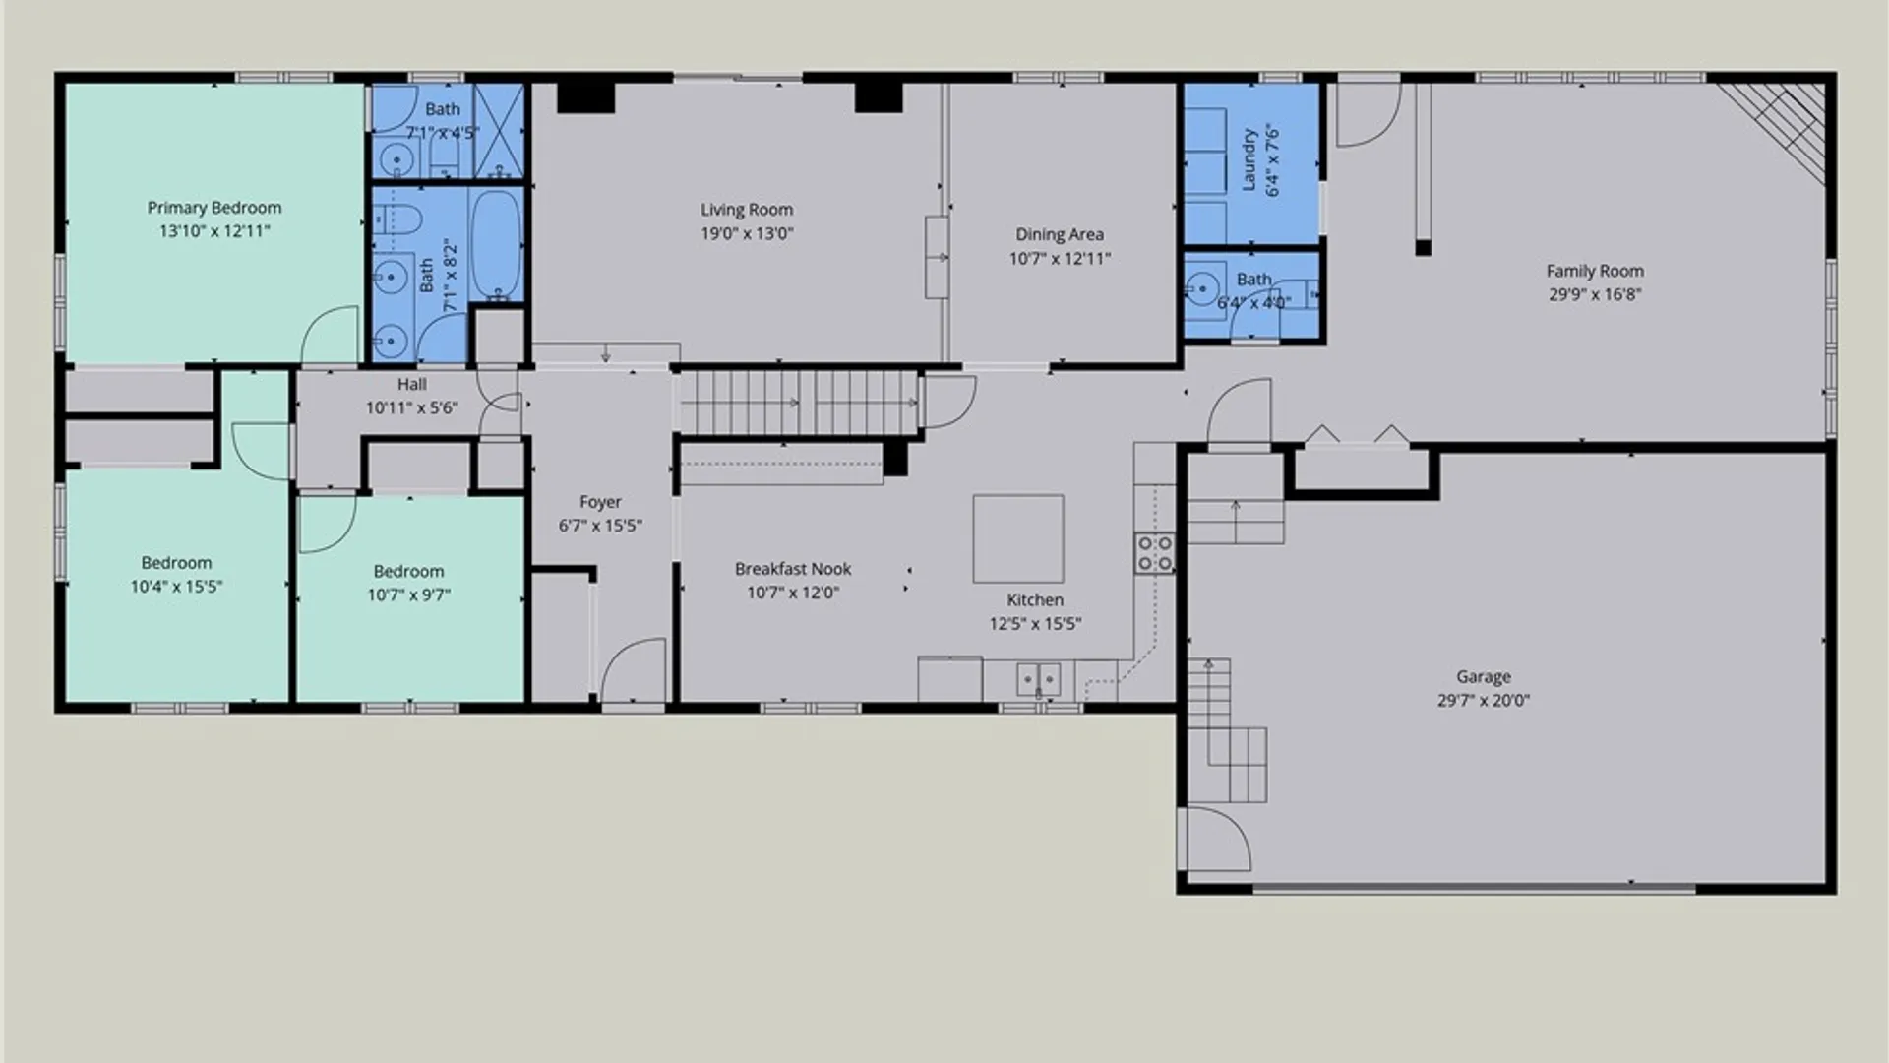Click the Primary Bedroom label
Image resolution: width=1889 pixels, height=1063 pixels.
214,208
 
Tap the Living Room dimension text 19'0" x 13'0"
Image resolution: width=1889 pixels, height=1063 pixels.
747,233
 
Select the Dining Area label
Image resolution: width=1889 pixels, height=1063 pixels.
1060,234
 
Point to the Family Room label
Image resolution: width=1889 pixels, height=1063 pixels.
1595,271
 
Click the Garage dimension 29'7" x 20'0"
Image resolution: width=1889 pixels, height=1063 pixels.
1484,701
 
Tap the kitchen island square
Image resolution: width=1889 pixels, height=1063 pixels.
1018,538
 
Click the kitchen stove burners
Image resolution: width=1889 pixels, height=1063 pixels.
1155,553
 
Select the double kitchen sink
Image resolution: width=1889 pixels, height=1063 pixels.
1038,679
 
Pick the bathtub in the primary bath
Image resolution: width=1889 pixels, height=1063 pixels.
496,244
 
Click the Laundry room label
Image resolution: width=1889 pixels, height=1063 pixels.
1249,159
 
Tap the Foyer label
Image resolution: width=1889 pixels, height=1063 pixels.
600,502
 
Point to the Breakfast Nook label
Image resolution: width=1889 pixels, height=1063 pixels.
793,569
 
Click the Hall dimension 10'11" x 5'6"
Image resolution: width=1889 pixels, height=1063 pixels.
412,407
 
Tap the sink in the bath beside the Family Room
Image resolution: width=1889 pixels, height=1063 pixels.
1201,288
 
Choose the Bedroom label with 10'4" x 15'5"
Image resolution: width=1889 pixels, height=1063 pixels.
176,563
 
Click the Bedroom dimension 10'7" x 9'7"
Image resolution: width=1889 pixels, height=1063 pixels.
409,594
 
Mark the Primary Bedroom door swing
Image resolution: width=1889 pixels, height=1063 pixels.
328,335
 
